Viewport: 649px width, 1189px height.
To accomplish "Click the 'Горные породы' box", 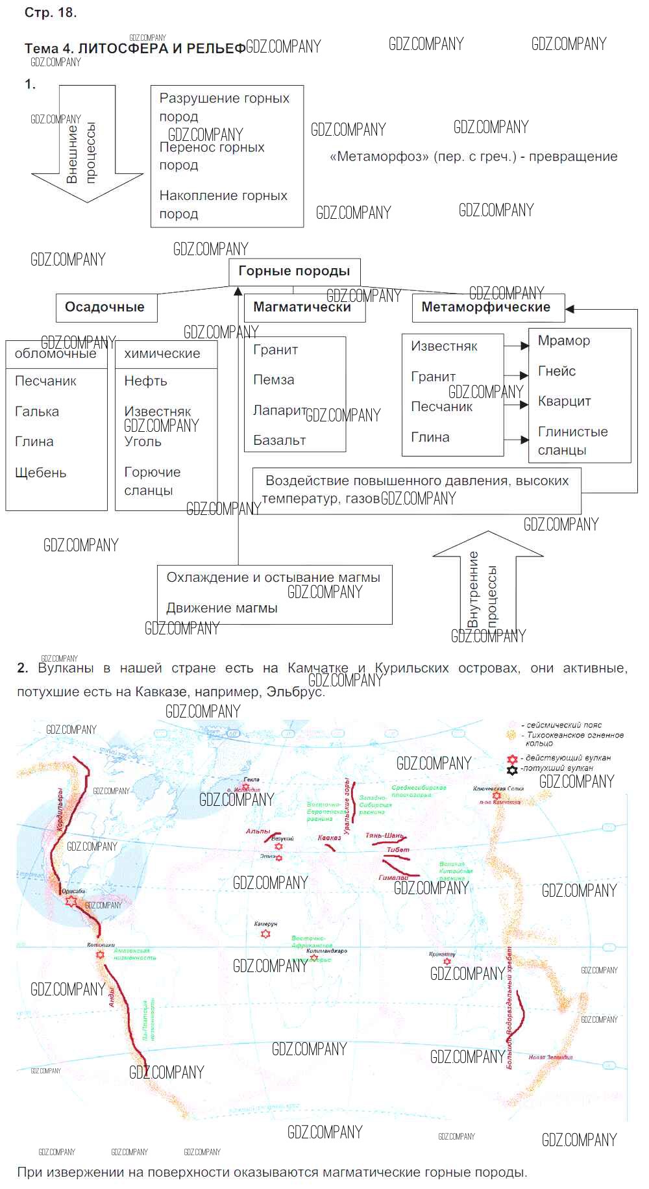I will [294, 271].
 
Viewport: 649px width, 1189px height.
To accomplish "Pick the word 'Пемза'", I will [274, 380].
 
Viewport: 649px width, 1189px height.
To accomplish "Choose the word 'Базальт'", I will [280, 440].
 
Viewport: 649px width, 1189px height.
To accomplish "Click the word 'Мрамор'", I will [564, 341].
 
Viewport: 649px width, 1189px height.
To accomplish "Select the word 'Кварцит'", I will [564, 401].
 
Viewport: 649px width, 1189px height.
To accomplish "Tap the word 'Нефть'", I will [145, 381].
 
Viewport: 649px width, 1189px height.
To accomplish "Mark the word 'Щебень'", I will [41, 473].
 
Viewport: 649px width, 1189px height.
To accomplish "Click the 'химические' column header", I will [162, 354].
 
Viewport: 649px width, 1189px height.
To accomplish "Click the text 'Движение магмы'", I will [222, 608].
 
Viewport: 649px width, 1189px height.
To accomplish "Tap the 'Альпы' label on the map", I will [258, 831].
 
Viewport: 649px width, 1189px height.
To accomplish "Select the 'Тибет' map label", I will [398, 849].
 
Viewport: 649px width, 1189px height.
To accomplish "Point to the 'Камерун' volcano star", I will [265, 934].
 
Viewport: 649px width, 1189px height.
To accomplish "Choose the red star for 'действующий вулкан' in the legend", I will [512, 759].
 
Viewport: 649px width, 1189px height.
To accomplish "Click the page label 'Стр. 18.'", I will [51, 13].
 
